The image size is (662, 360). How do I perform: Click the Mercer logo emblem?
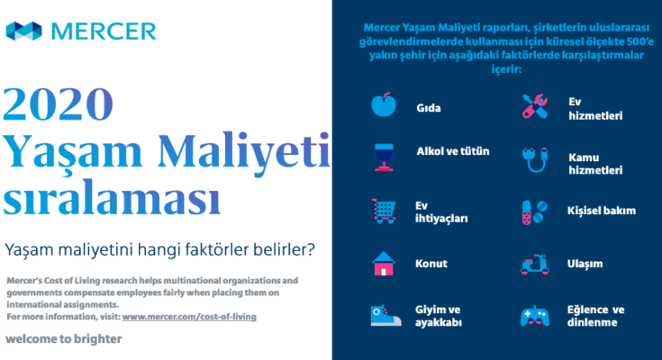[x=24, y=31]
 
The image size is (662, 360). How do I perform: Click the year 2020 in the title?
[x=59, y=103]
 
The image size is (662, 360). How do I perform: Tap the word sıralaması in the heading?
[x=112, y=197]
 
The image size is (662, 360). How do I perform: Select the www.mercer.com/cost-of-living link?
[x=189, y=317]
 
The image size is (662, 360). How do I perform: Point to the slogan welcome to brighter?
[x=64, y=339]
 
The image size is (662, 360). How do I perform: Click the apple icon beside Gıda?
[x=384, y=104]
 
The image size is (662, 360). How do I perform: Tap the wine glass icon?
[x=384, y=157]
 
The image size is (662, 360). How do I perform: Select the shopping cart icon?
[x=384, y=211]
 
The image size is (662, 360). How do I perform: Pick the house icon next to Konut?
[x=384, y=264]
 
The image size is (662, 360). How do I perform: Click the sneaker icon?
[x=385, y=315]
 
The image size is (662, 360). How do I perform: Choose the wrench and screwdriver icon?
[x=535, y=106]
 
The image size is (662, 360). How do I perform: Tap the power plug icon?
[x=535, y=159]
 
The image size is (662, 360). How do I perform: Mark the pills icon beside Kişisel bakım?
[x=535, y=212]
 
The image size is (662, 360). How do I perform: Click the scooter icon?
[x=535, y=265]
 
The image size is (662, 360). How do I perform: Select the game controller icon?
[x=535, y=316]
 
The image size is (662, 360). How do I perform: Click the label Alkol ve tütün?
[x=453, y=151]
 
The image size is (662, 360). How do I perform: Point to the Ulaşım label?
[x=585, y=264]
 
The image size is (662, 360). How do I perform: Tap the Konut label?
[x=431, y=264]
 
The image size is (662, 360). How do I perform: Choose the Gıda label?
[x=429, y=108]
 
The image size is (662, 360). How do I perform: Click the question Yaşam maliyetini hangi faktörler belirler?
[x=160, y=249]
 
